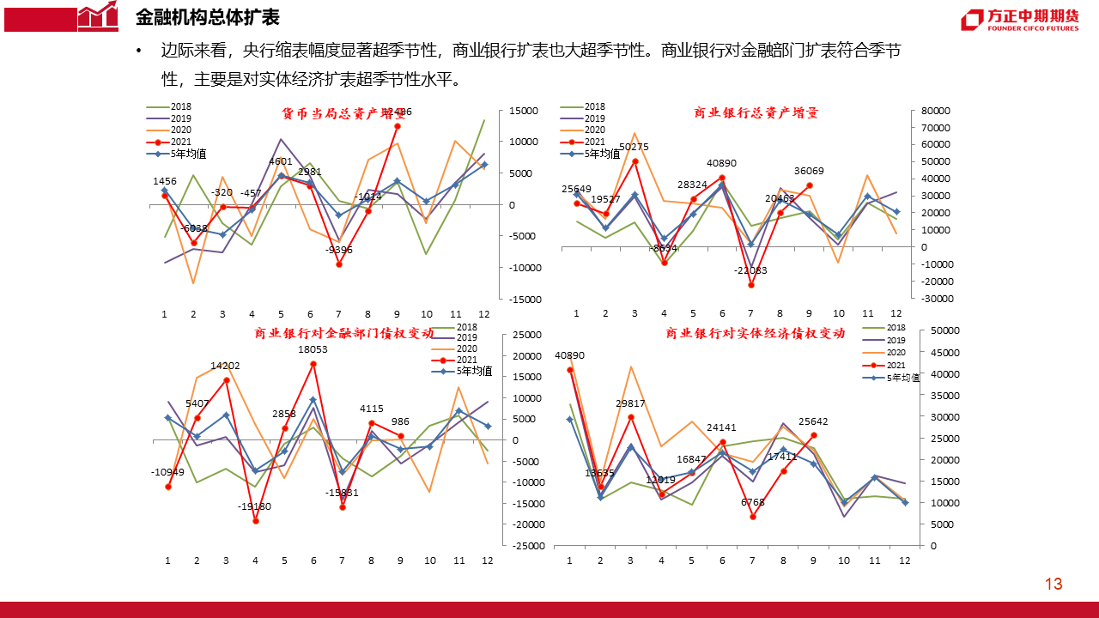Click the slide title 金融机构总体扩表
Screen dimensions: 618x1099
click(208, 18)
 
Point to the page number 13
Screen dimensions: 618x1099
click(1053, 585)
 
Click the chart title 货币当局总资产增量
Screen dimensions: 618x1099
click(343, 113)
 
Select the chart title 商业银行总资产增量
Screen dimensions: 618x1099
click(756, 112)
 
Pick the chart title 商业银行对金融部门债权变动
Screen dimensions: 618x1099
click(338, 334)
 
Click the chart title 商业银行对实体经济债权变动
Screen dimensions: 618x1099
click(755, 334)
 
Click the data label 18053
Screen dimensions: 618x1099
click(313, 349)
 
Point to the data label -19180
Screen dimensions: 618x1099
click(255, 506)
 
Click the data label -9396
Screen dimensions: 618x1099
click(339, 250)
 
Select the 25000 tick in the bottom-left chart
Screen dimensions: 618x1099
click(526, 335)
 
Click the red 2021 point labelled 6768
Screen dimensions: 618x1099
click(753, 517)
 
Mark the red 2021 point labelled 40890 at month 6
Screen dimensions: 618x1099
click(722, 178)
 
